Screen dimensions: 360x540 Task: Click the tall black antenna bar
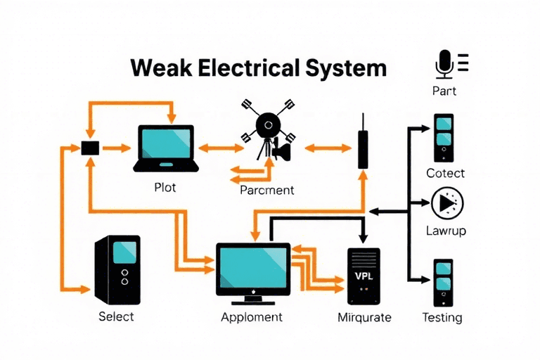pos(363,141)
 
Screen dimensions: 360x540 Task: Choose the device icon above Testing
pos(443,283)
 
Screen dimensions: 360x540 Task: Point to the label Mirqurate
pos(364,317)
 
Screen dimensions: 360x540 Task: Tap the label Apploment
pos(252,317)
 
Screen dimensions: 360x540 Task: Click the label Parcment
pos(267,190)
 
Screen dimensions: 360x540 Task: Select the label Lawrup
pos(446,231)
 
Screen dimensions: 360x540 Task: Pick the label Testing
pos(442,318)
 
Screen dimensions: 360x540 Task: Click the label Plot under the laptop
pos(165,188)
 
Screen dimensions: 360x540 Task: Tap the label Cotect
pos(445,173)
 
